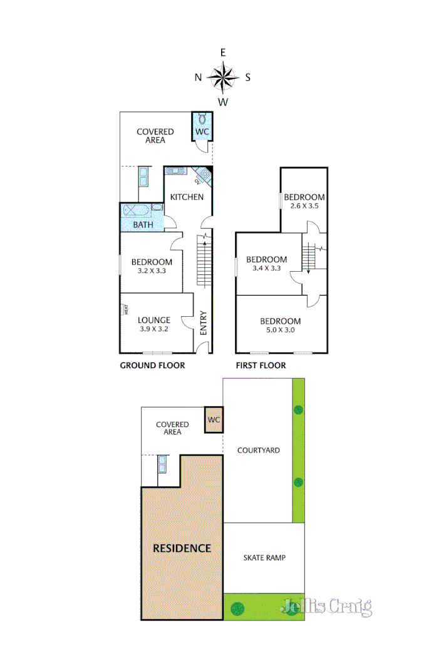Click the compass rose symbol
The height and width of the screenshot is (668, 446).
[x=223, y=77]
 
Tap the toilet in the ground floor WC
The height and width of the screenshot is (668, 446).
[x=202, y=119]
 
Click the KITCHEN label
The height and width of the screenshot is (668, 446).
[x=187, y=197]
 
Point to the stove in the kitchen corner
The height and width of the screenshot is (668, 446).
[x=204, y=175]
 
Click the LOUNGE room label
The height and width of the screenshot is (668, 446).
[x=153, y=321]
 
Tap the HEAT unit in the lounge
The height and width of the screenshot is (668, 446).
[x=125, y=309]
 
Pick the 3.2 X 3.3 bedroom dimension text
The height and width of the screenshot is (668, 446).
[x=152, y=271]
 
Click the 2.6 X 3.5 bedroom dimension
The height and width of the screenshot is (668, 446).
[x=304, y=206]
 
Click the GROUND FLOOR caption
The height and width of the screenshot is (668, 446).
[x=152, y=366]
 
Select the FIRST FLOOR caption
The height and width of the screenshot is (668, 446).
[x=261, y=366]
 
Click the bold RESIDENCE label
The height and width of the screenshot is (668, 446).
[x=182, y=548]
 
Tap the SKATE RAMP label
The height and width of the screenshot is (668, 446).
[x=264, y=557]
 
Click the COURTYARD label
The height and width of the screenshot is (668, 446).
[x=258, y=450]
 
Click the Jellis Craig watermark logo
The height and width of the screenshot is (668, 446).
[x=326, y=606]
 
